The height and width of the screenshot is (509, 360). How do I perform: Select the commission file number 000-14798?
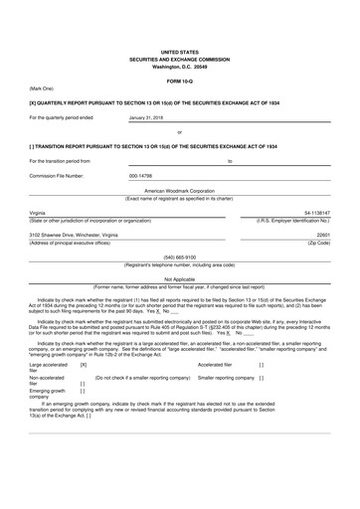click(146, 175)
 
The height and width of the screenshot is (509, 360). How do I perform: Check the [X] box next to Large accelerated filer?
click(83, 393)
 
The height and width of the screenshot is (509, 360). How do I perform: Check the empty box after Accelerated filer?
click(261, 393)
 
